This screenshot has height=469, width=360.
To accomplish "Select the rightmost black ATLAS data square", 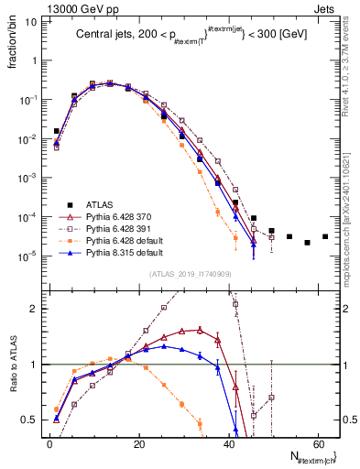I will pyautogui.click(x=325, y=237).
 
